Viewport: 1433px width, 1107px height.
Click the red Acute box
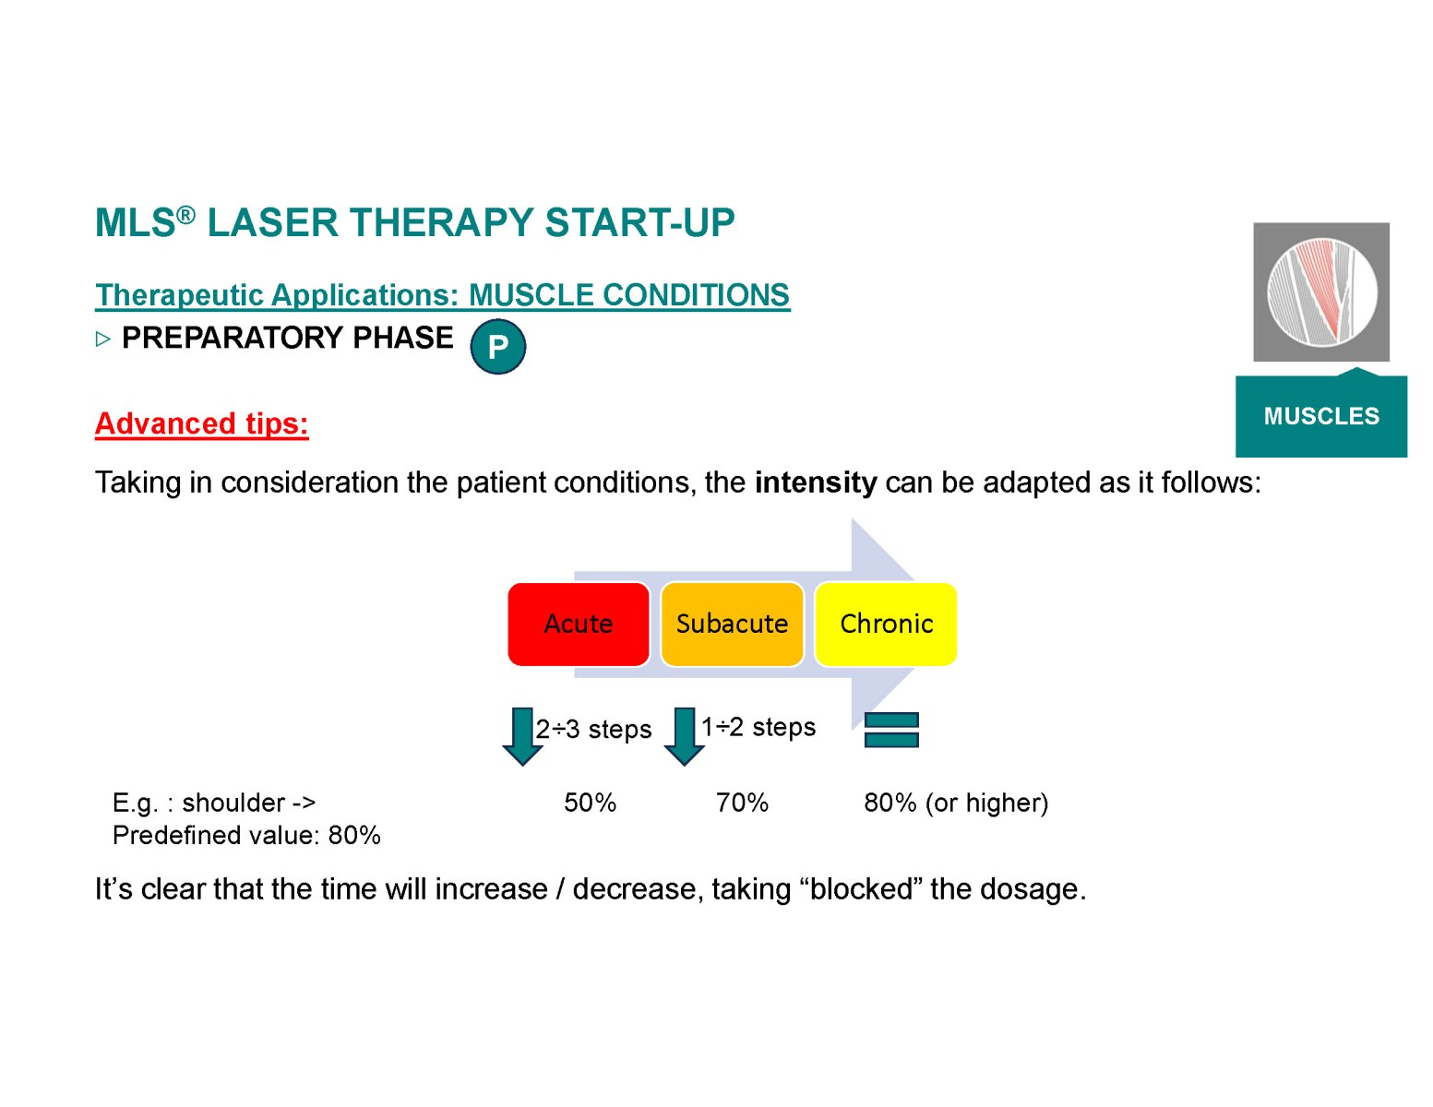(578, 624)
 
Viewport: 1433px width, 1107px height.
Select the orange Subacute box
(732, 624)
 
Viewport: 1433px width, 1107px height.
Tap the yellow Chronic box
(885, 624)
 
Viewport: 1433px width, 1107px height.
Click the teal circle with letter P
(497, 346)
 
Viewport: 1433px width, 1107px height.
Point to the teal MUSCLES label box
(1321, 414)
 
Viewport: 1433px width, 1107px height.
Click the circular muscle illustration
(1321, 292)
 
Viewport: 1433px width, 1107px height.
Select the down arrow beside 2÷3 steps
(522, 736)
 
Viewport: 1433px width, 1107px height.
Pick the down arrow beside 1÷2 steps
(684, 736)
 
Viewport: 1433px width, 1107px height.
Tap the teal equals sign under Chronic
(891, 730)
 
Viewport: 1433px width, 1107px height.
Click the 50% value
(590, 803)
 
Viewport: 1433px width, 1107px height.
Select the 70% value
(742, 803)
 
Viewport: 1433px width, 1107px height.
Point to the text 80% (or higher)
(956, 803)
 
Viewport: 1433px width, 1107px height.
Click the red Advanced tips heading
(201, 423)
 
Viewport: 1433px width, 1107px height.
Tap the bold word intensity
(816, 482)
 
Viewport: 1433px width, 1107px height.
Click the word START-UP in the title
(639, 222)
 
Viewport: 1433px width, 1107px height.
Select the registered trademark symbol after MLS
(186, 214)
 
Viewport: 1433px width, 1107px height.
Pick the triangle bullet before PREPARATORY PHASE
(102, 339)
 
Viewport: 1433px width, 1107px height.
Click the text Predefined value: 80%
(246, 836)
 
